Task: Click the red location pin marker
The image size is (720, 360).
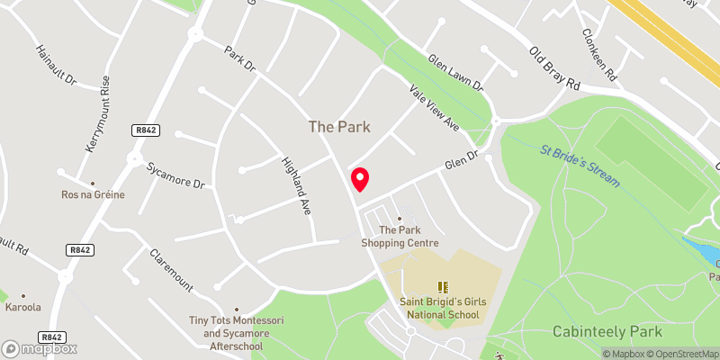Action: (x=359, y=178)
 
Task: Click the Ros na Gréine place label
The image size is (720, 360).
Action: (x=94, y=194)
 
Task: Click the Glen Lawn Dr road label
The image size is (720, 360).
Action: (x=455, y=73)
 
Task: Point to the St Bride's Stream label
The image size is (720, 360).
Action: (x=580, y=166)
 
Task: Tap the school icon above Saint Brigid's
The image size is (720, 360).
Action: (x=442, y=287)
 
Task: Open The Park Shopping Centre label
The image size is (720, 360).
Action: (x=400, y=236)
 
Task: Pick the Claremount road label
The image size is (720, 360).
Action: (x=171, y=270)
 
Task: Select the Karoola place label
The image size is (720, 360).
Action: (x=24, y=307)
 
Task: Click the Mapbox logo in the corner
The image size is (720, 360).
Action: (x=40, y=348)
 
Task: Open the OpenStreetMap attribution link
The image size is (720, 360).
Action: (x=680, y=354)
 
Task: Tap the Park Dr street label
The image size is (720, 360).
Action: (x=240, y=59)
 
